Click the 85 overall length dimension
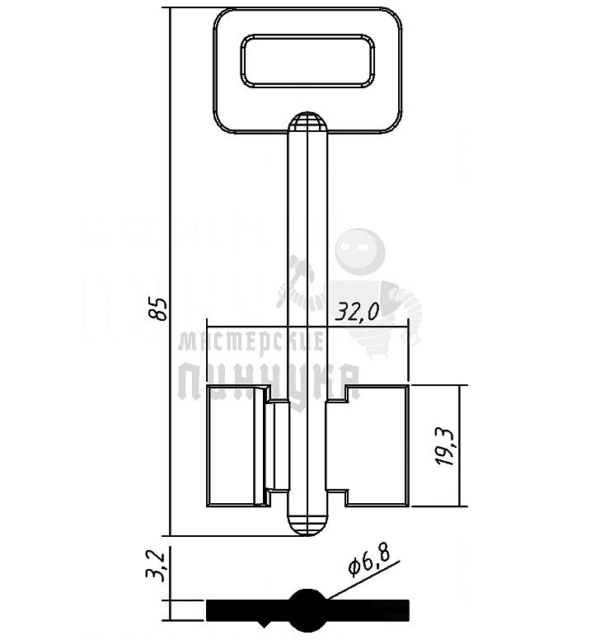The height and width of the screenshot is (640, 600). click(x=158, y=307)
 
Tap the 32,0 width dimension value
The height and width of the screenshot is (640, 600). click(x=356, y=313)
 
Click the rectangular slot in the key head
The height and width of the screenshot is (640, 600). click(x=307, y=61)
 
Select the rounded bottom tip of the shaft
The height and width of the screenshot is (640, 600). click(x=307, y=525)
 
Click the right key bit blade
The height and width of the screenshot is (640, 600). click(x=377, y=445)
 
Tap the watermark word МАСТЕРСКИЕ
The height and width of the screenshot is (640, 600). click(x=251, y=340)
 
